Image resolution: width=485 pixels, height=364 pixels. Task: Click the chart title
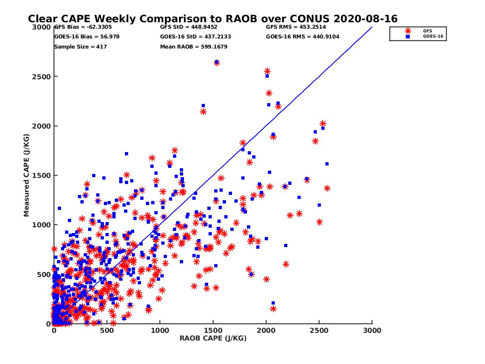click(x=213, y=19)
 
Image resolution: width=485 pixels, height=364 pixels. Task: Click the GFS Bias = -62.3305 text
click(x=83, y=27)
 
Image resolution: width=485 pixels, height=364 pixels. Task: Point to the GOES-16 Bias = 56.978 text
click(x=86, y=37)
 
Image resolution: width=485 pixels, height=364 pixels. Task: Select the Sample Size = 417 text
click(x=80, y=47)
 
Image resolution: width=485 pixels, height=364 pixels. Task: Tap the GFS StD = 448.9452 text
click(x=189, y=27)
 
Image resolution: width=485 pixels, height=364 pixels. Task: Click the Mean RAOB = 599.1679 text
click(x=194, y=47)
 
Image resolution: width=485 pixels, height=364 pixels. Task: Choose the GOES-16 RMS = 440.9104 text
click(x=303, y=37)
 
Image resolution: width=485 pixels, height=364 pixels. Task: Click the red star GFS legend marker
click(x=408, y=31)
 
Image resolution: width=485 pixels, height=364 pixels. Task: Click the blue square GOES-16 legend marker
click(x=408, y=36)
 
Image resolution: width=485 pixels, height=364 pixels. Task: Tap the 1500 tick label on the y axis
click(x=44, y=176)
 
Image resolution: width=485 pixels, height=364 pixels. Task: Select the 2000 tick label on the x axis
click(x=266, y=330)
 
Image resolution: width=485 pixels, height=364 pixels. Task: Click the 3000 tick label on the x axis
click(x=372, y=330)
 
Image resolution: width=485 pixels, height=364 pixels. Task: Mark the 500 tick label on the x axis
click(x=107, y=330)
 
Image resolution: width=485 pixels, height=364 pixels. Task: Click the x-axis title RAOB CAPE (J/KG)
click(x=213, y=339)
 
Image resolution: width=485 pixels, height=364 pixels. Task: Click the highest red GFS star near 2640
click(x=217, y=63)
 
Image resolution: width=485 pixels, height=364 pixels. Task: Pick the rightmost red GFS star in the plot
click(x=327, y=188)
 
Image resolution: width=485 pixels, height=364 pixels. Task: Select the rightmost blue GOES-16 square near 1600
click(x=327, y=164)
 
